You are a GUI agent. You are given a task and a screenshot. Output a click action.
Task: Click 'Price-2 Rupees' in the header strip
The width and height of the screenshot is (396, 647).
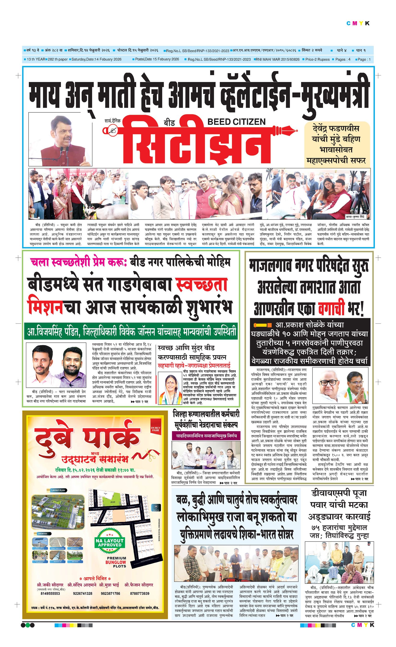(x=317, y=59)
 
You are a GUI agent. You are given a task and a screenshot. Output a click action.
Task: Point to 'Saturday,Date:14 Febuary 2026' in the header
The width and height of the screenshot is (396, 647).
(x=96, y=59)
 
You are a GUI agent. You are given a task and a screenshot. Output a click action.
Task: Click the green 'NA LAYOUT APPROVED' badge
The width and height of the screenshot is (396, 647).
(x=110, y=543)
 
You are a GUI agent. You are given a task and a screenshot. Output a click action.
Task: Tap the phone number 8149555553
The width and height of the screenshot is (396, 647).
(x=50, y=593)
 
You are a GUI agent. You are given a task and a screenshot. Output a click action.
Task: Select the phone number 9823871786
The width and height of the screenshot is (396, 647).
(x=110, y=593)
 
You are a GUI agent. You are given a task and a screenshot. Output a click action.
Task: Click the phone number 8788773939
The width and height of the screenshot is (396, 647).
(x=139, y=593)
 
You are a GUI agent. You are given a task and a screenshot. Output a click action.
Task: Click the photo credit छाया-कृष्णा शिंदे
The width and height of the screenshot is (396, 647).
(x=358, y=217)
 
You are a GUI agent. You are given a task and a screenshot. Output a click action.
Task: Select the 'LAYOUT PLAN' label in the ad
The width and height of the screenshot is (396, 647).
(x=58, y=490)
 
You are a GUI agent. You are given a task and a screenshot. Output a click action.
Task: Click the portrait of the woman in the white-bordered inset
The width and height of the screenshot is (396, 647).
(x=170, y=389)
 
